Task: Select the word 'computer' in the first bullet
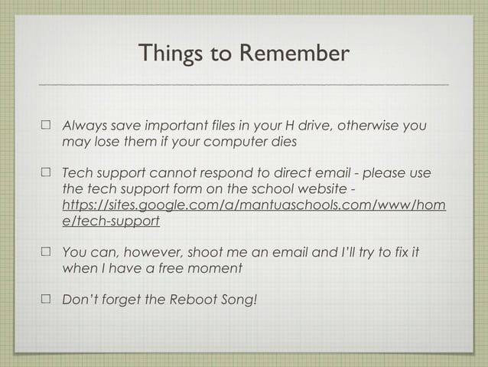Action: click(x=229, y=143)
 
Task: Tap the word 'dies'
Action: click(x=280, y=143)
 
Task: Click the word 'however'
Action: click(x=149, y=252)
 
